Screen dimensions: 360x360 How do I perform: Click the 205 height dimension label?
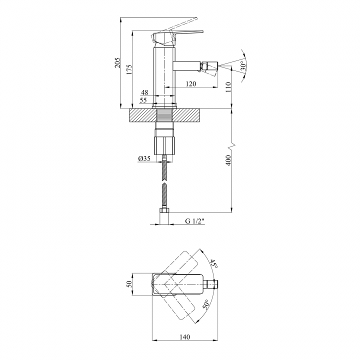click(x=117, y=62)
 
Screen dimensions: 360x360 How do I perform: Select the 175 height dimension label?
click(x=129, y=69)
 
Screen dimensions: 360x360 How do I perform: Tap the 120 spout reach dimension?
click(x=191, y=84)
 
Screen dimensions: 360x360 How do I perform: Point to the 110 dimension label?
click(x=228, y=87)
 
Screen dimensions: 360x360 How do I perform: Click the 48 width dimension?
click(x=145, y=92)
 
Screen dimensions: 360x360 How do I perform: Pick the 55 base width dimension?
click(x=143, y=100)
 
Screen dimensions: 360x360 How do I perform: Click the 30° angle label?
click(x=243, y=65)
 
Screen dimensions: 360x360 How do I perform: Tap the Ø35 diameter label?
click(x=144, y=158)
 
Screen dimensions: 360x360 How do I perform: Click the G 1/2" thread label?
click(x=194, y=221)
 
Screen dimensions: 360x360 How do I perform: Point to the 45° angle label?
click(x=214, y=263)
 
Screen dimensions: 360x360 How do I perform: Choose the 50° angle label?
click(x=205, y=304)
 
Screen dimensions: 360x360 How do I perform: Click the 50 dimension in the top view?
click(x=129, y=284)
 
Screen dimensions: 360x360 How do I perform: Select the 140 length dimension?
click(x=185, y=337)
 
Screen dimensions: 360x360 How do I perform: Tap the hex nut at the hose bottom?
click(x=164, y=211)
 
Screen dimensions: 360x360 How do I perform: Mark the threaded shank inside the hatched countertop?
click(x=164, y=115)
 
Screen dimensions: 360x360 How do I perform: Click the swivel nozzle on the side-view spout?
click(x=210, y=68)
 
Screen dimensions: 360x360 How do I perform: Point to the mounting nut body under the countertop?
click(x=164, y=146)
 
